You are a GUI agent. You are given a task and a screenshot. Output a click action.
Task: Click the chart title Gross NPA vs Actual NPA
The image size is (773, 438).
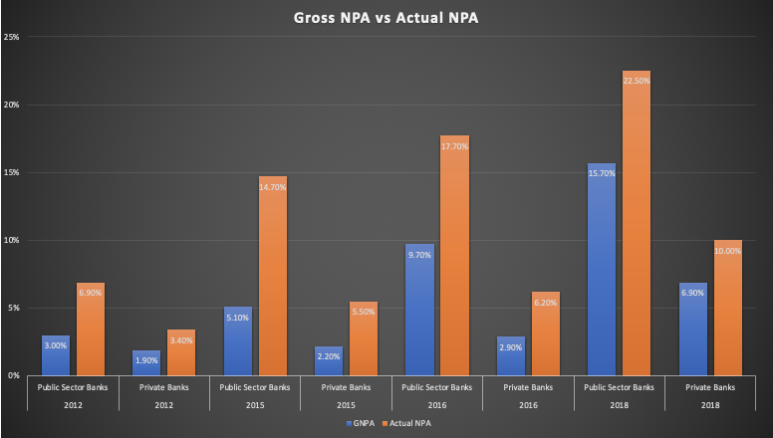386,18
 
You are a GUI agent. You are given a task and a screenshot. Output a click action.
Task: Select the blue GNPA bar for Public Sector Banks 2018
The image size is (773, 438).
602,269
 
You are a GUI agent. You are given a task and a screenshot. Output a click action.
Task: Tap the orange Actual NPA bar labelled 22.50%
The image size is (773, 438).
636,224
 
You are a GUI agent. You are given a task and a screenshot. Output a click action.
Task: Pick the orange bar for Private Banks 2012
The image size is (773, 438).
181,352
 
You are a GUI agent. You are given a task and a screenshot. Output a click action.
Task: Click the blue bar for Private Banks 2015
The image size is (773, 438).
330,360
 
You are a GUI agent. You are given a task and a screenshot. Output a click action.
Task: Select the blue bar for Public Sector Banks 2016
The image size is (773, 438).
420,310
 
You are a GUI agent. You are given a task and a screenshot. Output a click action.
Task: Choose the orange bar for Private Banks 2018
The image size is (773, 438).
727,308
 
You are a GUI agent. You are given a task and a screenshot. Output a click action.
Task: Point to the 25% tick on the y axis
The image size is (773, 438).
13,37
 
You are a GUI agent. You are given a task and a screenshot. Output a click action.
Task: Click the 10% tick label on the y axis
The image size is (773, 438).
13,240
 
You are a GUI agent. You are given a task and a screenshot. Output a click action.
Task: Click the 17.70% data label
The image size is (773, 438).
454,146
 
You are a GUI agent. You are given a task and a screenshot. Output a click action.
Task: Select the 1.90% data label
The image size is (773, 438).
147,360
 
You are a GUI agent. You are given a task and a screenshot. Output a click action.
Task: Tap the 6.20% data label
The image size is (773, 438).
545,303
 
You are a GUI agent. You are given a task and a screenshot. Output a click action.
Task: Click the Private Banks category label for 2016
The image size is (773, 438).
528,386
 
